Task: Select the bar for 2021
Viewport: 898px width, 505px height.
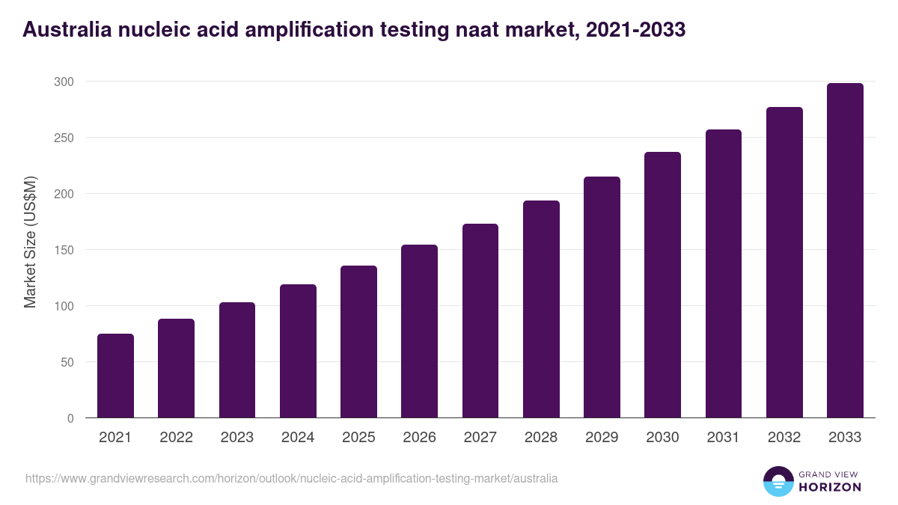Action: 115,376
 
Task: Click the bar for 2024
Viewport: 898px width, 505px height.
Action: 298,351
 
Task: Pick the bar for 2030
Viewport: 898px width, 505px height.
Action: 663,284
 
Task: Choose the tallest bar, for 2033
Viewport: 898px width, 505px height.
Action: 845,250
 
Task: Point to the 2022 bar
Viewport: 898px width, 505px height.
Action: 176,368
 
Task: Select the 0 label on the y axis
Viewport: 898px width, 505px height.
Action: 70,418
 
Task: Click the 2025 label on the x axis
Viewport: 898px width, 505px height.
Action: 358,438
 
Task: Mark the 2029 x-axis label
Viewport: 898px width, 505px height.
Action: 602,438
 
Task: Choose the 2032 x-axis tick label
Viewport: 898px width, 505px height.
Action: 784,438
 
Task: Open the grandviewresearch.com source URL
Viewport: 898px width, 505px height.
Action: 291,478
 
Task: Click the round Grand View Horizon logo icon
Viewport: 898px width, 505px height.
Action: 778,481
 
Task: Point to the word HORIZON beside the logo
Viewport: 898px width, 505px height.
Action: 829,487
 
